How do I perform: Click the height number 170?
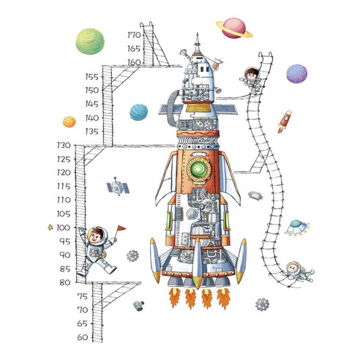(134, 35)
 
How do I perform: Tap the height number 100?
(63, 228)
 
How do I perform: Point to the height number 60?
(83, 337)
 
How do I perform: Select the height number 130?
(64, 146)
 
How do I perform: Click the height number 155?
(92, 77)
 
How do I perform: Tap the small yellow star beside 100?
(50, 228)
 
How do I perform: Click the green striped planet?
(90, 42)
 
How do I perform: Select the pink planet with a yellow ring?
(234, 29)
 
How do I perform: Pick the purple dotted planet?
(296, 74)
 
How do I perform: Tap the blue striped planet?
(138, 112)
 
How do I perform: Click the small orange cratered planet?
(70, 121)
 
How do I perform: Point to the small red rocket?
(285, 121)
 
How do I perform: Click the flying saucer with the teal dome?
(297, 228)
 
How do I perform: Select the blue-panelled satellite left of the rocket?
(118, 187)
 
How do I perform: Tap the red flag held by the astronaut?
(121, 228)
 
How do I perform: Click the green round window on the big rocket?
(198, 170)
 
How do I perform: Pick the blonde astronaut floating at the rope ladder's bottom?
(299, 272)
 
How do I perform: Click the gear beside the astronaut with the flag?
(132, 256)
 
